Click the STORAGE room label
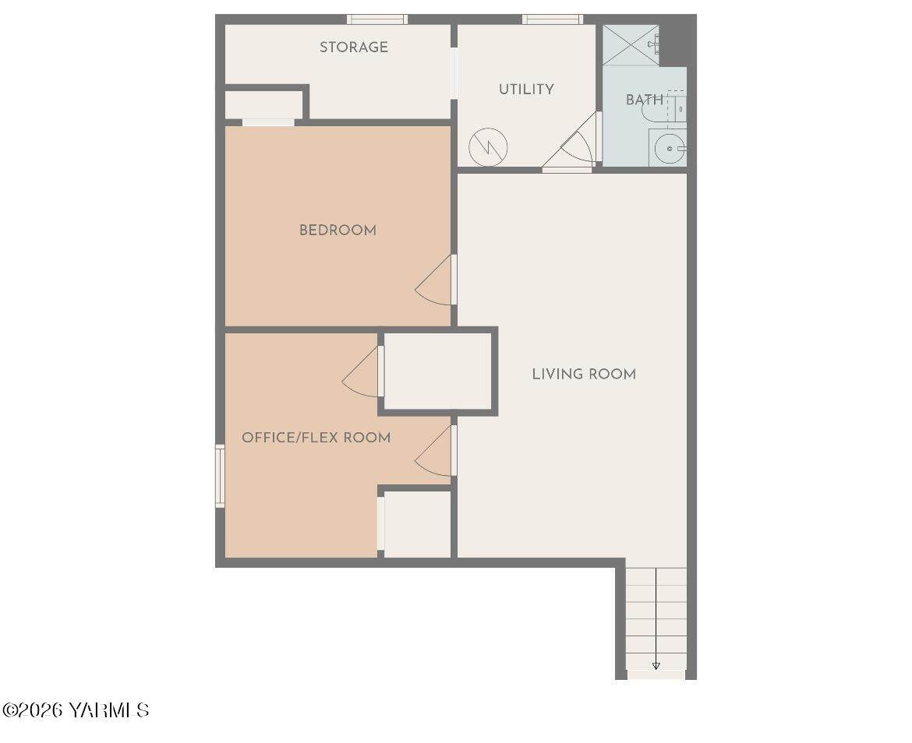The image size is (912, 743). tap(354, 47)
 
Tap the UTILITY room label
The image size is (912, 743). tap(526, 89)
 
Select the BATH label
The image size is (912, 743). tap(645, 100)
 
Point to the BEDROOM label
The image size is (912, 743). tap(338, 230)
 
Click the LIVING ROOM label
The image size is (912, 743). tap(584, 374)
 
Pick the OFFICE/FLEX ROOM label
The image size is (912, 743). tap(316, 438)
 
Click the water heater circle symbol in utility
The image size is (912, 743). tap(488, 147)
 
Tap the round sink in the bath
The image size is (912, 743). tap(670, 149)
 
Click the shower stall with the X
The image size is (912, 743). tap(631, 44)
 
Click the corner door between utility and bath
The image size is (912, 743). tap(570, 143)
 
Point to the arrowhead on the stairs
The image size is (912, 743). tap(656, 667)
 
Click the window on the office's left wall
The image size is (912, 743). tap(220, 477)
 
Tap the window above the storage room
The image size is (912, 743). tap(377, 19)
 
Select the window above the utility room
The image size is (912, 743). tap(553, 19)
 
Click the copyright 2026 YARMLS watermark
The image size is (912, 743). tap(76, 710)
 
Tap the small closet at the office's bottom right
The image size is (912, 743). tap(418, 524)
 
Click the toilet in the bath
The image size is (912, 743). tap(663, 106)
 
